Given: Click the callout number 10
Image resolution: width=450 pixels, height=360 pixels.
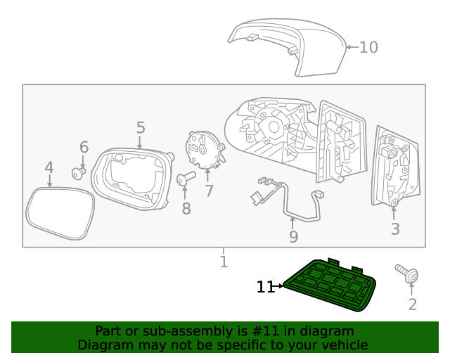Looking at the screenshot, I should (368, 47).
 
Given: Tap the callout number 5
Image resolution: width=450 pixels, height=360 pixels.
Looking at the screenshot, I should (141, 128).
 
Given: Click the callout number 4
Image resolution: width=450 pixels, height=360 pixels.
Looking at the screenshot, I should (49, 168).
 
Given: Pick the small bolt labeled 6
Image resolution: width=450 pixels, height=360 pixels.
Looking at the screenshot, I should (79, 171).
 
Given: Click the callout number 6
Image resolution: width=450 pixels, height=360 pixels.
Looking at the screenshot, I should (84, 147).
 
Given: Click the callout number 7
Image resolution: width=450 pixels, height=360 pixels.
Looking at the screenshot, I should (209, 191).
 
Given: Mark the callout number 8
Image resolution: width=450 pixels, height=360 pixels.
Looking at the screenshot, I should (186, 208).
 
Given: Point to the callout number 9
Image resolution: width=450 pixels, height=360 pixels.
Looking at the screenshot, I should (294, 237).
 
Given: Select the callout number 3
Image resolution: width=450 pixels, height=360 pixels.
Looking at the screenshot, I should (395, 229).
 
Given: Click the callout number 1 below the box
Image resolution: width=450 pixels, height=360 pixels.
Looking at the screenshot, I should (224, 262).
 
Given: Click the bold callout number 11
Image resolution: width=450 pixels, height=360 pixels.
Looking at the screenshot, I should (264, 287).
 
